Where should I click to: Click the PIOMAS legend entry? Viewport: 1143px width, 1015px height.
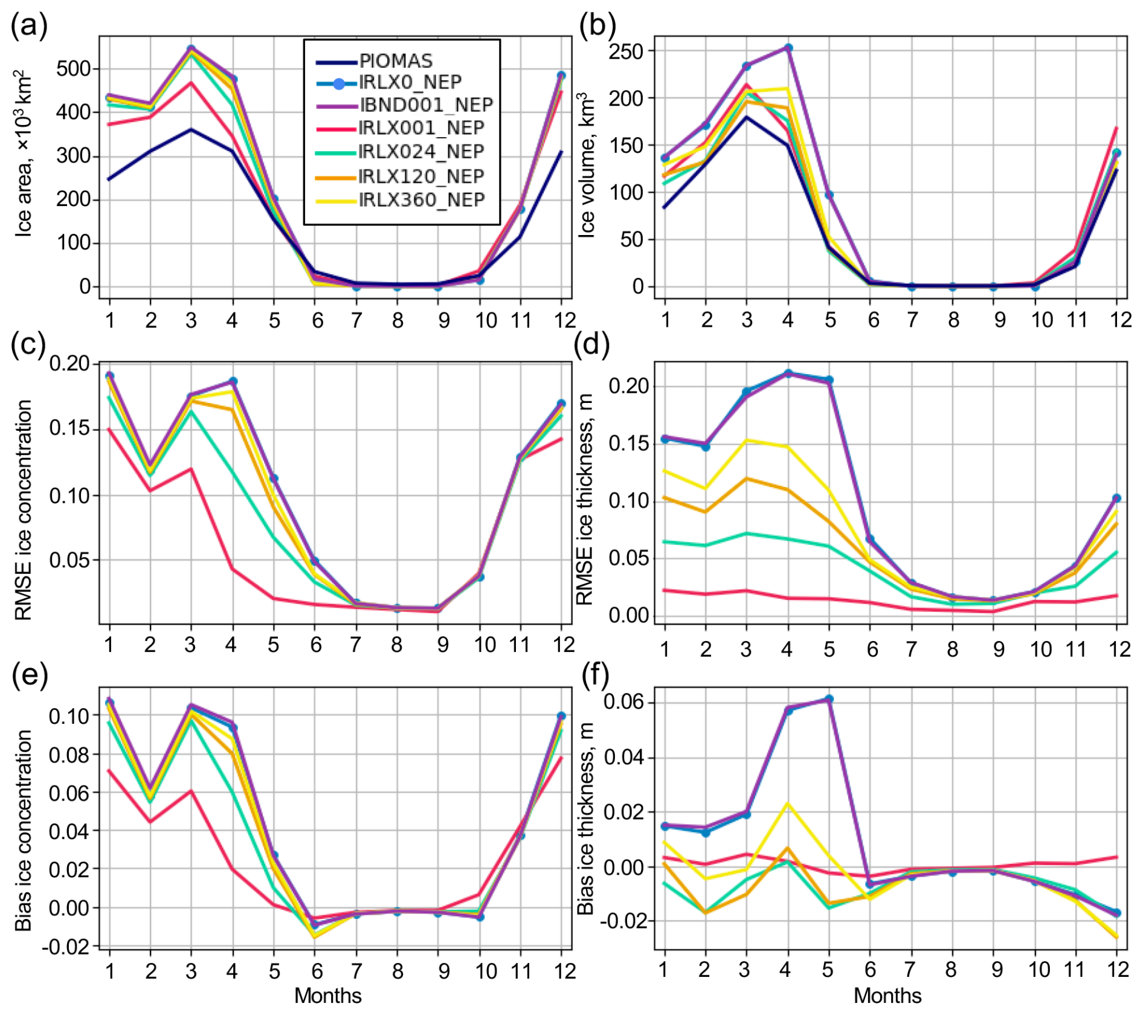(375, 61)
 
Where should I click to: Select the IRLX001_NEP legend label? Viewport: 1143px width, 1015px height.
(421, 128)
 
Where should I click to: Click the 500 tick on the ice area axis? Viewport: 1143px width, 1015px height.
(73, 69)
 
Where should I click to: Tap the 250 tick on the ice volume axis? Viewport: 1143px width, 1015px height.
(626, 51)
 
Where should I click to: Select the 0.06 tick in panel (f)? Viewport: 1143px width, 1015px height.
(624, 702)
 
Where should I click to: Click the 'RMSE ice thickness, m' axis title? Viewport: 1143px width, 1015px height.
(584, 500)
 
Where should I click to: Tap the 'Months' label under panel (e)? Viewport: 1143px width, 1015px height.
(328, 996)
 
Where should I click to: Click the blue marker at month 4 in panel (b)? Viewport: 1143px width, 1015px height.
(788, 48)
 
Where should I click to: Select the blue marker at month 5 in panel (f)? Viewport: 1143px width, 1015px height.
(829, 699)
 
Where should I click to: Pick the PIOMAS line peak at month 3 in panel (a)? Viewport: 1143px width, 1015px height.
(191, 129)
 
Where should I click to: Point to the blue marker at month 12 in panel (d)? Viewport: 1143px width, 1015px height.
(1116, 498)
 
